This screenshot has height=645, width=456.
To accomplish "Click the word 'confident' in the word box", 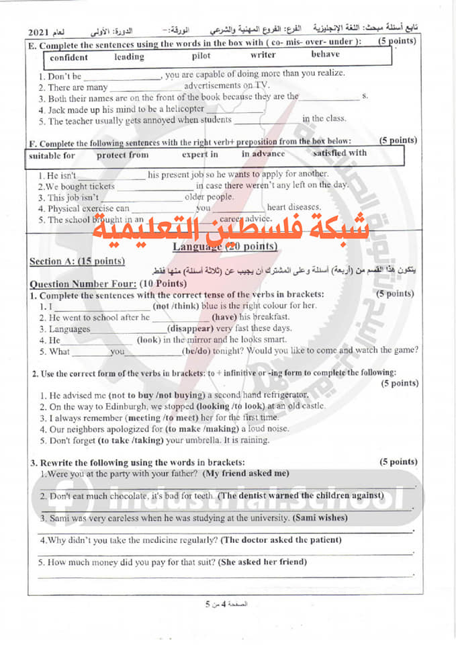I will pyautogui.click(x=69, y=58).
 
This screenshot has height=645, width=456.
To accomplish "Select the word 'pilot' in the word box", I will pyautogui.click(x=201, y=56).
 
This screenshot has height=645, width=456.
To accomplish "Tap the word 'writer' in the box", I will pyautogui.click(x=263, y=55).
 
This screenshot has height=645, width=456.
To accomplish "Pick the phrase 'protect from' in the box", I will pyautogui.click(x=122, y=155).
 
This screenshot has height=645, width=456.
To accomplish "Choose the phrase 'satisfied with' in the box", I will pyautogui.click(x=340, y=153).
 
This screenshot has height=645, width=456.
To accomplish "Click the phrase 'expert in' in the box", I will pyautogui.click(x=200, y=155).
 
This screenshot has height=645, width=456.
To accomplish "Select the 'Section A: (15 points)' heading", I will pyautogui.click(x=77, y=261).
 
